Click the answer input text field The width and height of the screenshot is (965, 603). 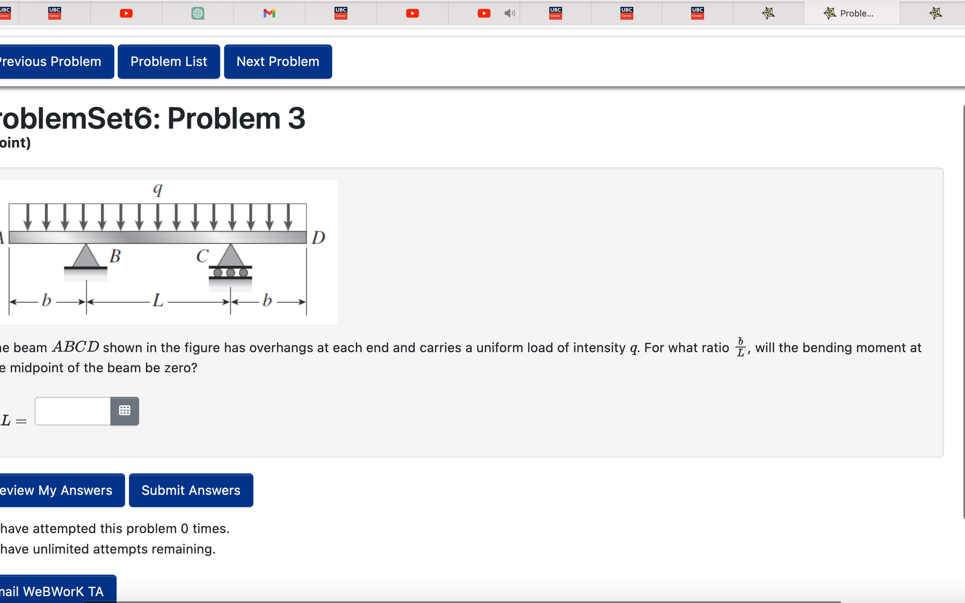point(73,411)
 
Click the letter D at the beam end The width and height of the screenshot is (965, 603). point(318,238)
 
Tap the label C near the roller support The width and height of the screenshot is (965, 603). point(202,256)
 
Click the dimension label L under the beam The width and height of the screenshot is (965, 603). point(158,300)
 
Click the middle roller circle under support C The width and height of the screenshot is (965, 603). point(231,273)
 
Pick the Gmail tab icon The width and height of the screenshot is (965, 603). point(270,13)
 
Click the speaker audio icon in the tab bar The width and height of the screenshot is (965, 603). point(509,13)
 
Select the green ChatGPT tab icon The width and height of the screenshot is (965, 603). point(198,13)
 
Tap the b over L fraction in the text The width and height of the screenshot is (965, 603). point(741,347)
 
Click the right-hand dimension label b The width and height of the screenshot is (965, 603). point(267,300)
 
